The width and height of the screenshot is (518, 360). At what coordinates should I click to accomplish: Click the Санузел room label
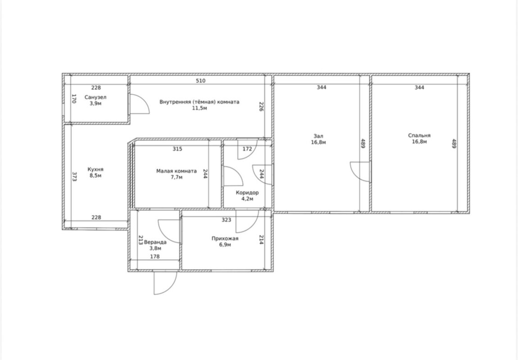pyautogui.click(x=95, y=97)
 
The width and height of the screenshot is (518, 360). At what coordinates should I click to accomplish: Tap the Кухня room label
pyautogui.click(x=95, y=169)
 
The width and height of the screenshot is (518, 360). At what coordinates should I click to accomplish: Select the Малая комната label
pyautogui.click(x=177, y=171)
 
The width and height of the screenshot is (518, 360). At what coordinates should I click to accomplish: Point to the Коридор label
pyautogui.click(x=247, y=192)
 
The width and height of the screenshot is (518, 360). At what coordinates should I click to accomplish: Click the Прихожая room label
pyautogui.click(x=225, y=238)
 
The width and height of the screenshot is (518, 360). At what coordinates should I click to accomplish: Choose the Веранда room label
pyautogui.click(x=155, y=242)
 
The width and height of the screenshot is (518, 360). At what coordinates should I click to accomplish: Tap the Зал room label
pyautogui.click(x=318, y=136)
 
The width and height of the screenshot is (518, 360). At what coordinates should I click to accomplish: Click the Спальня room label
pyautogui.click(x=419, y=136)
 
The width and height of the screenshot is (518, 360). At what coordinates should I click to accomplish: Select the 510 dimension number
pyautogui.click(x=200, y=81)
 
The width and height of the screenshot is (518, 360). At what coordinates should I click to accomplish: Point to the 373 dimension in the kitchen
pyautogui.click(x=74, y=177)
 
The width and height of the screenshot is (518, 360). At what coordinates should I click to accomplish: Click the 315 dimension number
pyautogui.click(x=177, y=149)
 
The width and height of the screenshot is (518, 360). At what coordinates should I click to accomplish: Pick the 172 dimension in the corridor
pyautogui.click(x=247, y=149)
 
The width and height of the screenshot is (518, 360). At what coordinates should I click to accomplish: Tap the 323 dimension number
pyautogui.click(x=226, y=220)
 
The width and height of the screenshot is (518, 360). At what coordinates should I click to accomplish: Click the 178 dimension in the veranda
pyautogui.click(x=155, y=256)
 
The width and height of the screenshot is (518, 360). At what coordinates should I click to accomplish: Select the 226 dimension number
pyautogui.click(x=261, y=106)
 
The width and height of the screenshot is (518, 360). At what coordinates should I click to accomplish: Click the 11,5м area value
pyautogui.click(x=200, y=108)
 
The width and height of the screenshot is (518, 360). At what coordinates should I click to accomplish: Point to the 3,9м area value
pyautogui.click(x=95, y=104)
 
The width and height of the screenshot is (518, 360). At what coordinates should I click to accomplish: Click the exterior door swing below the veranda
pyautogui.click(x=165, y=283)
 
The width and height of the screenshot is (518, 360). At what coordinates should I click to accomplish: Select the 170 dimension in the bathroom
pyautogui.click(x=74, y=99)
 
